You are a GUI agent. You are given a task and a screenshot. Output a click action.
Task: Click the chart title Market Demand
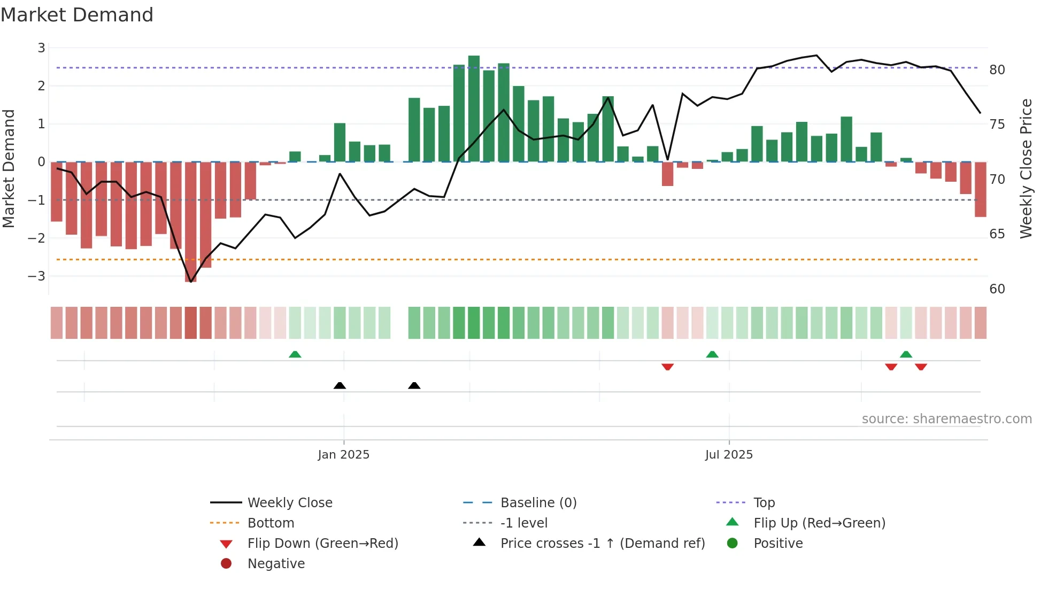pos(77,15)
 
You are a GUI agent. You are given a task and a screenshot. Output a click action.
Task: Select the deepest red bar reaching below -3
pos(191,222)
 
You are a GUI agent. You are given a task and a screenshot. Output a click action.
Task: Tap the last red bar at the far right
pos(980,189)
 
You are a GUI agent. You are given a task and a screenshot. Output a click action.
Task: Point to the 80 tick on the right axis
pos(997,70)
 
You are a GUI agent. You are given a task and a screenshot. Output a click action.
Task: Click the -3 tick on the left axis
pos(37,276)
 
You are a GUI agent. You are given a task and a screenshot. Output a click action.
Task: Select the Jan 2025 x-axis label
pos(343,455)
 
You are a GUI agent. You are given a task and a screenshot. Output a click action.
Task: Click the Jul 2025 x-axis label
pos(729,455)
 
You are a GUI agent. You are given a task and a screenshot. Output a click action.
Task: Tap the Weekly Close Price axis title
pos(1026,168)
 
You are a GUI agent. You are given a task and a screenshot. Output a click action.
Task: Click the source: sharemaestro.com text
pos(946,419)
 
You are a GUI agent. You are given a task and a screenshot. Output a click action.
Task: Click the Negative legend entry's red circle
pos(226,564)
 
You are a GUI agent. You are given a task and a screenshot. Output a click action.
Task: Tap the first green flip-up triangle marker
pos(295,354)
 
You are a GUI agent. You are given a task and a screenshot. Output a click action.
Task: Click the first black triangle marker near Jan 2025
pos(340,385)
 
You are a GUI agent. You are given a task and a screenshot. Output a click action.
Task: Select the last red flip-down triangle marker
pos(921,367)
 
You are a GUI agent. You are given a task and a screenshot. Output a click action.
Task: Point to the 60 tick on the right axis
pos(997,289)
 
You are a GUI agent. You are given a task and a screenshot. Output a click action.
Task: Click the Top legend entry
pos(764,503)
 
